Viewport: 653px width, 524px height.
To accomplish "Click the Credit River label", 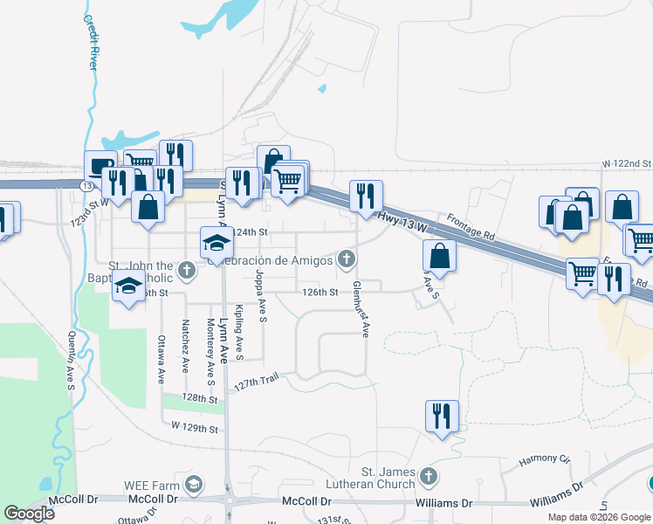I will click(x=91, y=41).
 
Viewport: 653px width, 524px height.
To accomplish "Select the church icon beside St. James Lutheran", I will click(x=427, y=476).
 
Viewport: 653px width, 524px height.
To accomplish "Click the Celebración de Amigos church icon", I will click(x=347, y=259).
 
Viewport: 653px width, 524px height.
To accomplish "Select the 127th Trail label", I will click(x=256, y=381).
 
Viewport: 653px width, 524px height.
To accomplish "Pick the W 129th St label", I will click(x=194, y=428).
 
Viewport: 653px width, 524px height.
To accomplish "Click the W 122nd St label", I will click(x=626, y=163).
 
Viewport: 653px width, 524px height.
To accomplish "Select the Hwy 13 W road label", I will click(x=401, y=222).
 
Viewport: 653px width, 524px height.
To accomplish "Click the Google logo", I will click(x=30, y=513).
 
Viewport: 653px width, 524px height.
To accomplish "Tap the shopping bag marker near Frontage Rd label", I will click(x=439, y=257).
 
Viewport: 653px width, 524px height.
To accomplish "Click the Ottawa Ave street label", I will click(x=162, y=360).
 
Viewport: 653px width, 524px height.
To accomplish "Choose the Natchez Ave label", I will click(x=185, y=347).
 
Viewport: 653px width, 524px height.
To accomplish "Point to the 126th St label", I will click(x=320, y=293).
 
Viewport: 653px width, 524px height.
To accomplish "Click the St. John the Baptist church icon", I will click(x=186, y=272).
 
